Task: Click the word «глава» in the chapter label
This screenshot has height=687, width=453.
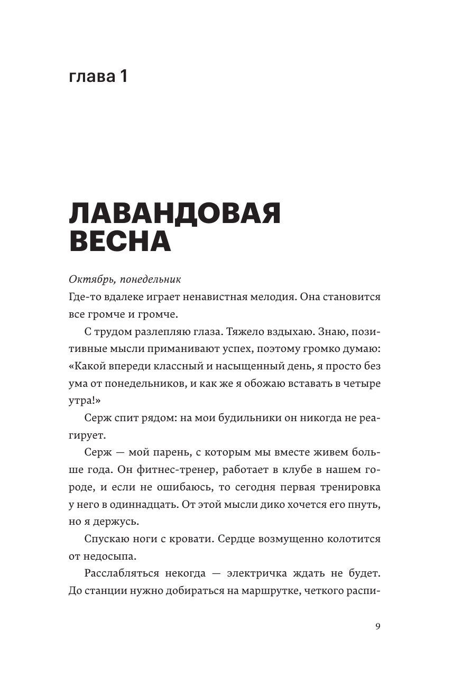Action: (x=93, y=77)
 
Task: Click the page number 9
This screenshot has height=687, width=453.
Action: (x=377, y=627)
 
